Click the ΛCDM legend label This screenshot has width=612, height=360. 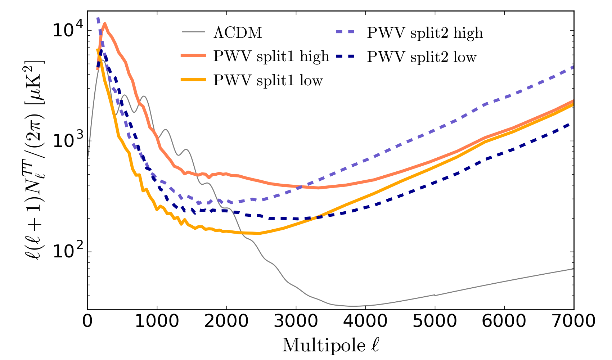tap(238, 33)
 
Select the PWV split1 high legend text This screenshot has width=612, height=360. tap(271, 57)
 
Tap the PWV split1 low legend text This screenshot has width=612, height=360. tap(268, 80)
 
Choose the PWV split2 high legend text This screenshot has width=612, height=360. tap(425, 33)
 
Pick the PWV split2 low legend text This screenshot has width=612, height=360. tap(422, 57)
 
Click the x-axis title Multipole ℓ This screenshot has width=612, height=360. tap(330, 346)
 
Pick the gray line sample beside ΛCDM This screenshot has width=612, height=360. tap(194, 32)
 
